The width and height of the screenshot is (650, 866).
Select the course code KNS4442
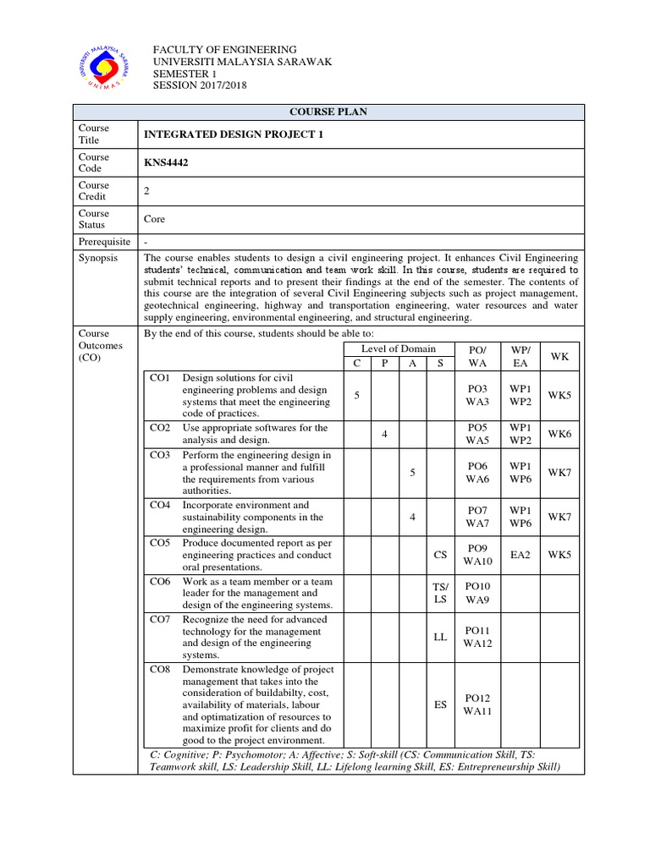[166, 163]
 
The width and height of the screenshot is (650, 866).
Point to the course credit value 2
[147, 191]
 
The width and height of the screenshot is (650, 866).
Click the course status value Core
[155, 219]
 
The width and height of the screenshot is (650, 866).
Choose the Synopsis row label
[98, 257]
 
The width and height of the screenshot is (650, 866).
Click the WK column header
[559, 356]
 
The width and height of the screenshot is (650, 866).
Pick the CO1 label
[160, 378]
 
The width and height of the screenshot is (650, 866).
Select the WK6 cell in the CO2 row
[559, 434]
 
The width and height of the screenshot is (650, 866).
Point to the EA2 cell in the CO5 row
[519, 555]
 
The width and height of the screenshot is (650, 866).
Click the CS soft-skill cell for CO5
[440, 555]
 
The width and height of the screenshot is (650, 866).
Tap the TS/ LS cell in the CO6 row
[440, 593]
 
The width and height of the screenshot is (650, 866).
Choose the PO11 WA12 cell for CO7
[477, 637]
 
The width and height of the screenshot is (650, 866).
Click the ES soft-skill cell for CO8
[440, 704]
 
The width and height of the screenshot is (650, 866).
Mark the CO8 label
[160, 669]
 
